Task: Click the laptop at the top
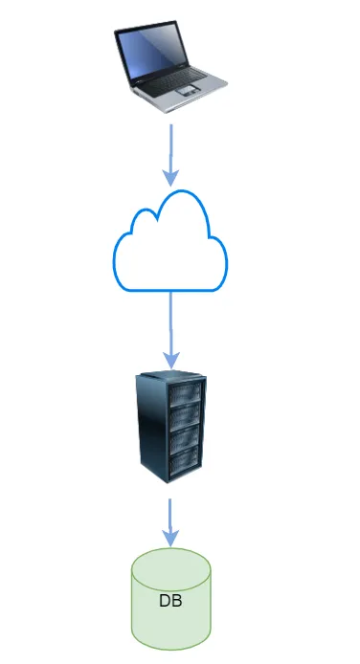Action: pos(170,66)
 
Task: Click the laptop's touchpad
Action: pos(188,90)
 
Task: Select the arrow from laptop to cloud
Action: pos(171,155)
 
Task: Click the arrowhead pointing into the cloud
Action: pos(171,178)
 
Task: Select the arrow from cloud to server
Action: pos(171,330)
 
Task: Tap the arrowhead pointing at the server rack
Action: pos(171,361)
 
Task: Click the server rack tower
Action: pos(170,427)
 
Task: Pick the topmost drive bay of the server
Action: pos(185,393)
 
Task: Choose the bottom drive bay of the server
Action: pos(184,461)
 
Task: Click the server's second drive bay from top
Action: pos(185,416)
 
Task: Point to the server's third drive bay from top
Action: pos(184,439)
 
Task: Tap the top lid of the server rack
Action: pos(171,375)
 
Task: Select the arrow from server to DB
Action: pos(170,522)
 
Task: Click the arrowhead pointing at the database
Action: pos(170,538)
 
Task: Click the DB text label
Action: pos(170,600)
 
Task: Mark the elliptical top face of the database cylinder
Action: pos(170,569)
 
